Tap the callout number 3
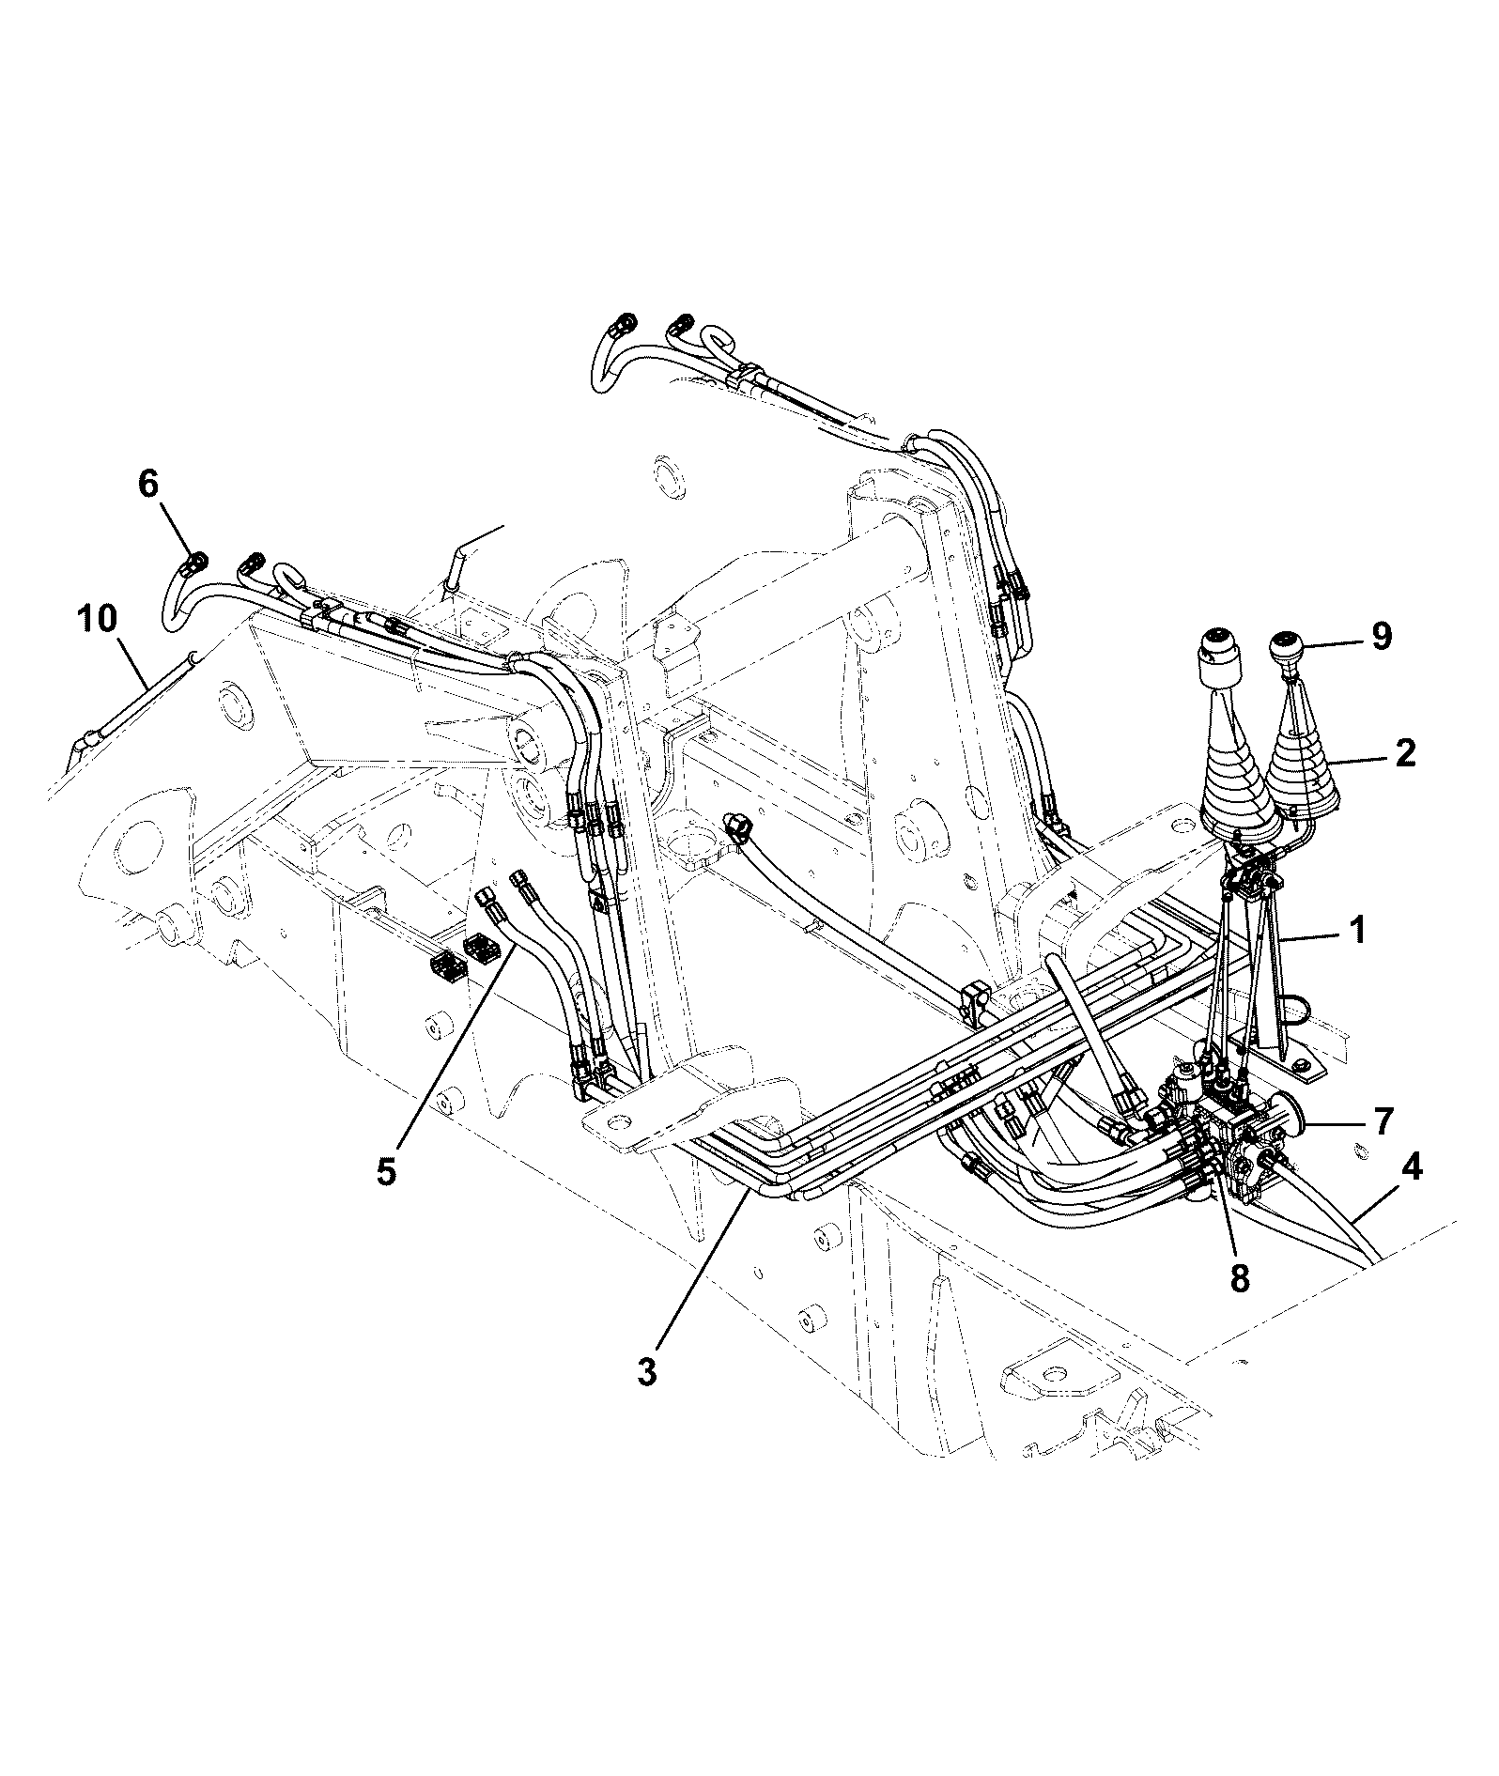646,1371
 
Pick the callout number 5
386,1170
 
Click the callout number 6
148,484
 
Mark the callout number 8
1240,1277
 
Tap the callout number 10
98,619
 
